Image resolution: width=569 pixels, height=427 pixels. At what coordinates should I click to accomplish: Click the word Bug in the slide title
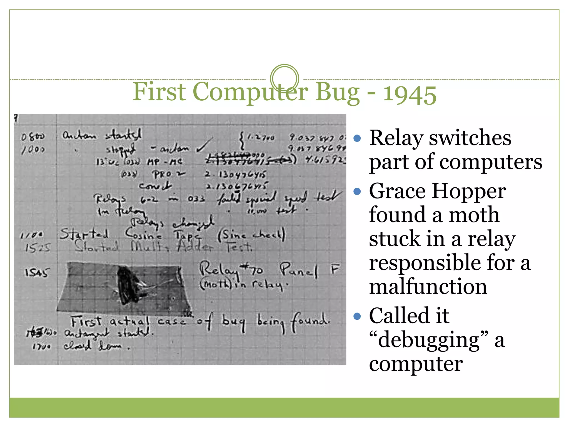[x=337, y=92]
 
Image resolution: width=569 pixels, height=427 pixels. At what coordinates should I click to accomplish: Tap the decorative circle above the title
[x=284, y=78]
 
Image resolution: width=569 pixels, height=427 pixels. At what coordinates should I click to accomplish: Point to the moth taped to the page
[x=128, y=285]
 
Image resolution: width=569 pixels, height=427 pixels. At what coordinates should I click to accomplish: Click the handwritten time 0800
[x=33, y=137]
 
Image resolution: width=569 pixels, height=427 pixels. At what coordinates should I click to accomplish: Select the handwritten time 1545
[x=37, y=272]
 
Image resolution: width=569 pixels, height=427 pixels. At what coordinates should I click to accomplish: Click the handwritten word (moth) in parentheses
[x=215, y=284]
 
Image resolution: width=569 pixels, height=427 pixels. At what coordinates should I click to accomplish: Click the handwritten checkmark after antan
[x=204, y=145]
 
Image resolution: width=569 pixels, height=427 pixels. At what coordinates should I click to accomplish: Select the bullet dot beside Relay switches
[x=357, y=138]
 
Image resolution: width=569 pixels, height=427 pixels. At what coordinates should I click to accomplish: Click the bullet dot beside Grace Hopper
[x=357, y=191]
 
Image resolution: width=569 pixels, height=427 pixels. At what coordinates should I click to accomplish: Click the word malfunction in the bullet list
[x=428, y=287]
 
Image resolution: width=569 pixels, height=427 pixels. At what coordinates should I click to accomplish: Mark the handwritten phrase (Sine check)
[x=251, y=235]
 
